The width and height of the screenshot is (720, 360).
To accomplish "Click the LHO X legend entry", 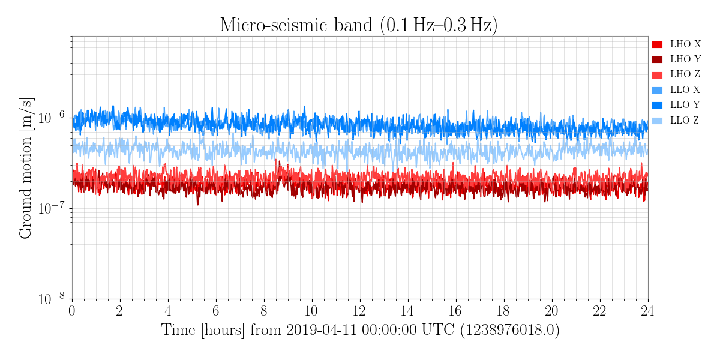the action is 677,44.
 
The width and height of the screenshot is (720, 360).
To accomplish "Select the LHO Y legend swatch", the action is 658,60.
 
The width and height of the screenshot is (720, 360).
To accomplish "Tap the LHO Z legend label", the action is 685,74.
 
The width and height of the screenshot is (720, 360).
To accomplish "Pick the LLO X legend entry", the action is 676,89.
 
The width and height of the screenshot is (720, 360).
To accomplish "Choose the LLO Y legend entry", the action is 676,105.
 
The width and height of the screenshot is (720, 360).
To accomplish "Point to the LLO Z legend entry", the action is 676,120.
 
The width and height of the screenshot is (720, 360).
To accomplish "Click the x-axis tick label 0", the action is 71,311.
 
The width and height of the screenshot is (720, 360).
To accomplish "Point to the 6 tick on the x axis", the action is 215,311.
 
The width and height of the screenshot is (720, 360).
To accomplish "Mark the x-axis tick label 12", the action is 359,311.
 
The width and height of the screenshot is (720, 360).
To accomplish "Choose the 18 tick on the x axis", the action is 503,311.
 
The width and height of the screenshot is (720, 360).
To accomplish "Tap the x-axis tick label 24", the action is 647,311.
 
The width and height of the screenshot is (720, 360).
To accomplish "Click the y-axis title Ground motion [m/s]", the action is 26,168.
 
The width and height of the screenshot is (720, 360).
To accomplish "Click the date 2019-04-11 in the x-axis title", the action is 322,330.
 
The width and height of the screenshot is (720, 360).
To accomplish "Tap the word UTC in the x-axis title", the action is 438,330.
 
